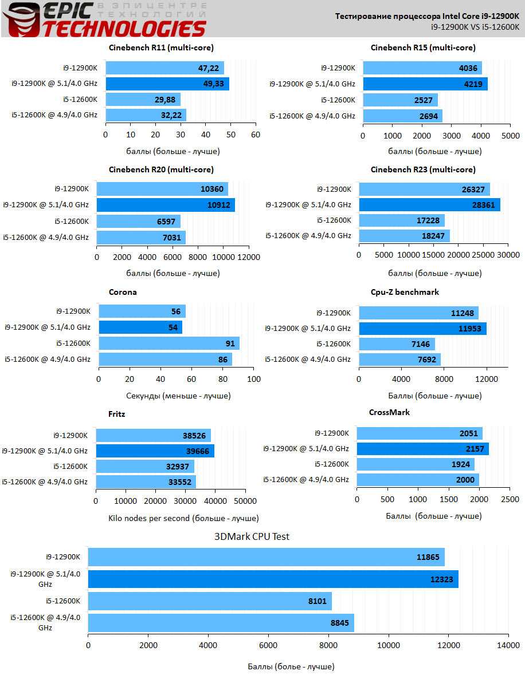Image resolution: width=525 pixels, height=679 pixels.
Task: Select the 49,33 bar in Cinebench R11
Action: [x=167, y=84]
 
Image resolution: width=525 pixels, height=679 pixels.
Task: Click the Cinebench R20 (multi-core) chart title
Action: [x=161, y=169]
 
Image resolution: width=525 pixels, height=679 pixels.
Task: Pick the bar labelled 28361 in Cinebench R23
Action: [x=429, y=205]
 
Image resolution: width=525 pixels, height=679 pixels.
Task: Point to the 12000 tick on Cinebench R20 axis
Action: [x=248, y=257]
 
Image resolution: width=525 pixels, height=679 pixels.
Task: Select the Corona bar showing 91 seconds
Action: [x=169, y=344]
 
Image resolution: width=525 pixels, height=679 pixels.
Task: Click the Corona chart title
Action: [x=123, y=292]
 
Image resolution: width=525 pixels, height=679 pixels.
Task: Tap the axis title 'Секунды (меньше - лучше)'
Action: [x=178, y=396]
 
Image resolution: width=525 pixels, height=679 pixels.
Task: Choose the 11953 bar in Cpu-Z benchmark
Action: [x=422, y=329]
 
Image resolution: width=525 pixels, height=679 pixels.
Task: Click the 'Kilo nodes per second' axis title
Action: [x=183, y=518]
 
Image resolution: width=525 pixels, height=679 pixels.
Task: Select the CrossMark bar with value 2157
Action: [x=422, y=449]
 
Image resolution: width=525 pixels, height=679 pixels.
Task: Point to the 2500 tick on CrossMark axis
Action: [x=510, y=500]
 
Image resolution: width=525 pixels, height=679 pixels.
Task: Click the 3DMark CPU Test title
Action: [x=252, y=536]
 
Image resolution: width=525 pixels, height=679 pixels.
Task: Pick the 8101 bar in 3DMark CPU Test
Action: [x=210, y=601]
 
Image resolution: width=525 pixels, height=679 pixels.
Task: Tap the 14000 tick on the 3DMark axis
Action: [x=508, y=645]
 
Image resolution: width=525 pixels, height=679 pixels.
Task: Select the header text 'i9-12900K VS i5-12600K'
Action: [x=475, y=26]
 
